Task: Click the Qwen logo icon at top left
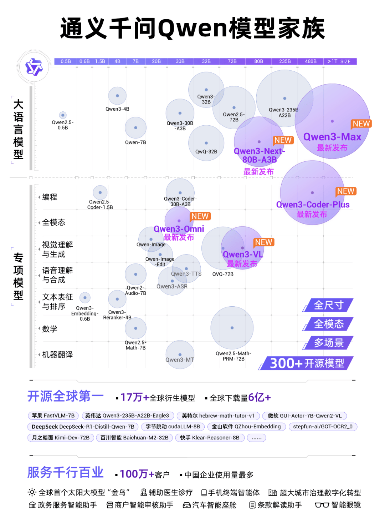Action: click(x=34, y=67)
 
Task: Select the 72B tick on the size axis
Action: click(x=232, y=61)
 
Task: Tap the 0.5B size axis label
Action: click(x=66, y=61)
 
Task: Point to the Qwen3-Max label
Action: click(x=332, y=137)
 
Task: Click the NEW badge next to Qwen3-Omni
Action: click(x=200, y=216)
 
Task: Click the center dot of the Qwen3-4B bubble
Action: click(x=117, y=96)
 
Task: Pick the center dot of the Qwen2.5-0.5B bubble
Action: click(x=63, y=115)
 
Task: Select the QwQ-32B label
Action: click(x=206, y=152)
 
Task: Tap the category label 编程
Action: click(x=50, y=197)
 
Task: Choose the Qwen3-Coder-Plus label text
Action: click(x=313, y=205)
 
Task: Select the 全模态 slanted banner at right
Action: click(x=328, y=324)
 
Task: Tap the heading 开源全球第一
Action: click(x=66, y=396)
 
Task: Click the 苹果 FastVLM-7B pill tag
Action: click(x=53, y=416)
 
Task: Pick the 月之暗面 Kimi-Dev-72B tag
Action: click(x=61, y=438)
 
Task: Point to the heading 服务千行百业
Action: click(x=66, y=473)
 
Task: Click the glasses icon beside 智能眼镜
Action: click(x=322, y=505)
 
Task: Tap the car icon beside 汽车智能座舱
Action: click(x=186, y=505)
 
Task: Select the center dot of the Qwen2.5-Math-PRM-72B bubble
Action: click(x=232, y=328)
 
